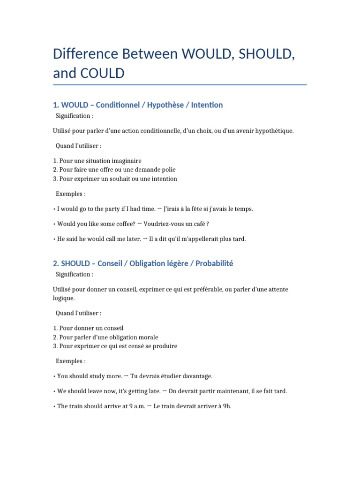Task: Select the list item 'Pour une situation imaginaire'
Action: click(x=97, y=161)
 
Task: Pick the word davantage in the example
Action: click(x=197, y=376)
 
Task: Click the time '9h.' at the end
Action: click(x=227, y=406)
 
